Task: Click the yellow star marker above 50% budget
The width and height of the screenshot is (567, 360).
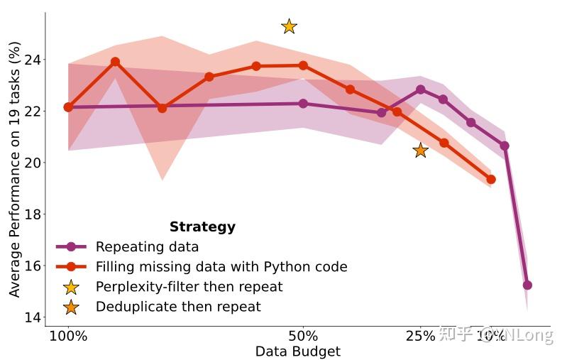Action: pyautogui.click(x=289, y=26)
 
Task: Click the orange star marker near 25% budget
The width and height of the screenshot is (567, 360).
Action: pyautogui.click(x=420, y=150)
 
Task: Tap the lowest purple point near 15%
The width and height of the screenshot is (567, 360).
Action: pyautogui.click(x=527, y=285)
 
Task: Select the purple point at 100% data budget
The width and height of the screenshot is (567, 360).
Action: pyautogui.click(x=68, y=107)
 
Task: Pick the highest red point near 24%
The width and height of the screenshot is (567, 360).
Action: pyautogui.click(x=115, y=62)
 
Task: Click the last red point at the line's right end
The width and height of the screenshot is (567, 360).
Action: pyautogui.click(x=490, y=180)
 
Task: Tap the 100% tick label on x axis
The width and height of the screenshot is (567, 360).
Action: pyautogui.click(x=68, y=336)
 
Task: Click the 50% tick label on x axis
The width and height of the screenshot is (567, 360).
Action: pyautogui.click(x=303, y=336)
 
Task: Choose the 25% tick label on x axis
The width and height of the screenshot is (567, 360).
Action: pyautogui.click(x=420, y=336)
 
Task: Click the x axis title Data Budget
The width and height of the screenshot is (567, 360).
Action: pyautogui.click(x=297, y=351)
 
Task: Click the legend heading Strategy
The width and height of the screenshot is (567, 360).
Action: pyautogui.click(x=202, y=227)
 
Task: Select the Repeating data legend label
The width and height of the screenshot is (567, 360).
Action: pyautogui.click(x=147, y=247)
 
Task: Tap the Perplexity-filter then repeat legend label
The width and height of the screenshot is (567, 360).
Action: pyautogui.click(x=189, y=287)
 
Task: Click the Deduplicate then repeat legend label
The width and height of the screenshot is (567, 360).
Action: pyautogui.click(x=178, y=307)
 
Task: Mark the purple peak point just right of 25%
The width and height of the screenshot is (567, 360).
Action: pyautogui.click(x=420, y=89)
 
